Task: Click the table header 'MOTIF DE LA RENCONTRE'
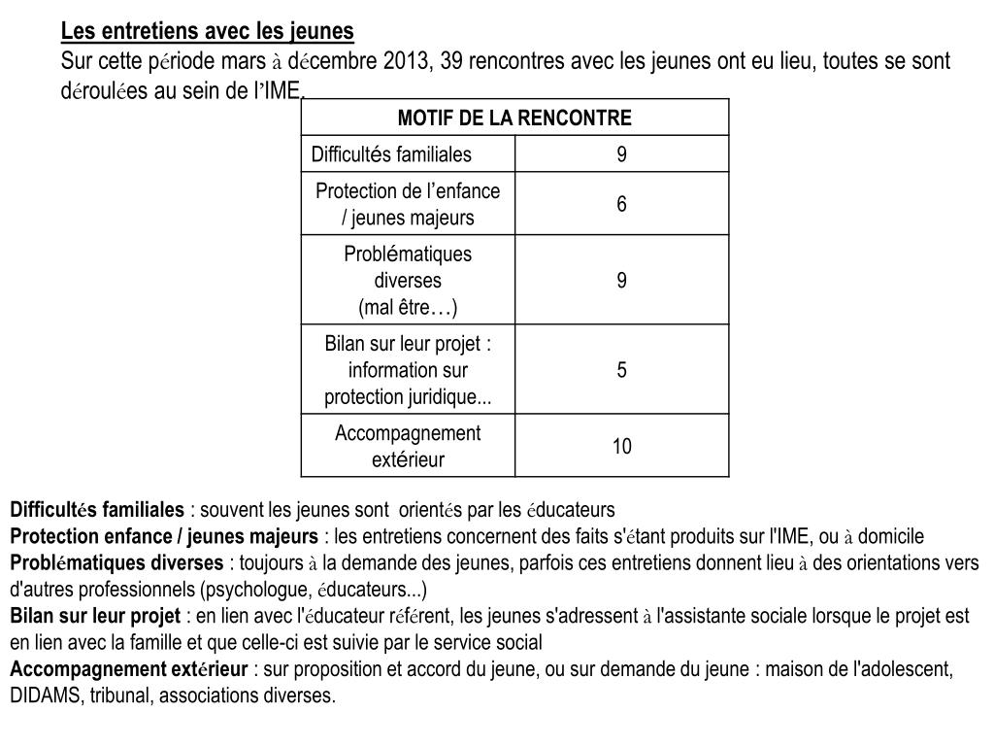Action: coord(514,119)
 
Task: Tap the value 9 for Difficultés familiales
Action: coord(621,154)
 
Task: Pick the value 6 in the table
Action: coord(621,204)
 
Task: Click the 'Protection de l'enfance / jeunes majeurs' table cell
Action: coord(408,204)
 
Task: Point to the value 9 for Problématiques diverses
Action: coord(621,281)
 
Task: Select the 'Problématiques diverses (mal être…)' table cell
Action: coord(408,281)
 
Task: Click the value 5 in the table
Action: coord(621,370)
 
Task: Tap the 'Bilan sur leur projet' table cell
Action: coord(408,370)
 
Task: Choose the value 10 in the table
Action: coord(621,447)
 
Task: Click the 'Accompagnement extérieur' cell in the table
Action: coord(408,447)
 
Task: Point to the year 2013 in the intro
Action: coord(407,61)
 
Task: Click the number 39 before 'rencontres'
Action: coord(451,61)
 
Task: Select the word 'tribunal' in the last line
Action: coord(120,696)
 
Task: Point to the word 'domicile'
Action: coord(890,537)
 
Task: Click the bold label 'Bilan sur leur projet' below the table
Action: coord(95,616)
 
